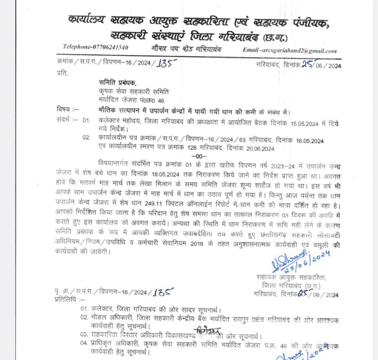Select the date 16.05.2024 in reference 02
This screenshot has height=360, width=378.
pos(309,140)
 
